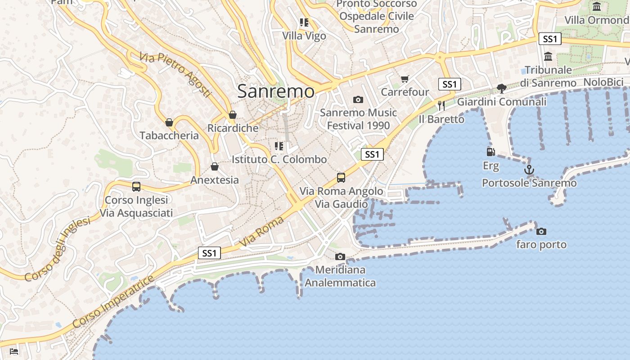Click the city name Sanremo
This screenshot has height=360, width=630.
(275, 91)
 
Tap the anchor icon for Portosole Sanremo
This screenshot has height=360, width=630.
(529, 170)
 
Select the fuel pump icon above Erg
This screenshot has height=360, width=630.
(490, 152)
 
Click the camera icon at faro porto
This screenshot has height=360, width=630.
(541, 231)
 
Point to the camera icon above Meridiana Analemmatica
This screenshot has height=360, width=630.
(340, 256)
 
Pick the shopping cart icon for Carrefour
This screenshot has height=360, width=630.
(405, 79)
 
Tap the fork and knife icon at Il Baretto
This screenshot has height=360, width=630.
(441, 106)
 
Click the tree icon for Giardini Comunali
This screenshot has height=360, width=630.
(501, 89)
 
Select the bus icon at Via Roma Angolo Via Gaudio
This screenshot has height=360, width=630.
(341, 178)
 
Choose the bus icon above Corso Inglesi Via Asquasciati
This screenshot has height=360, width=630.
(136, 186)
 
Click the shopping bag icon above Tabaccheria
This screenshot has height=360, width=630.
(169, 122)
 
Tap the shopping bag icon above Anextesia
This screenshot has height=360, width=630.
(215, 167)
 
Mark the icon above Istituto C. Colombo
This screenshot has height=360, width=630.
(279, 146)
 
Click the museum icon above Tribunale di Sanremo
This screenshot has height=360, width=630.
(548, 57)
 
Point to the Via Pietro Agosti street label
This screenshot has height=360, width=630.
(175, 74)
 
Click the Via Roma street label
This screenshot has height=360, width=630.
(262, 231)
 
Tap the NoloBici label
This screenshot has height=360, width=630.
(603, 82)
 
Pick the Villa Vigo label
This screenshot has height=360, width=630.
(304, 36)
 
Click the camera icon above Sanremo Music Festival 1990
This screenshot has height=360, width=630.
(358, 99)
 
